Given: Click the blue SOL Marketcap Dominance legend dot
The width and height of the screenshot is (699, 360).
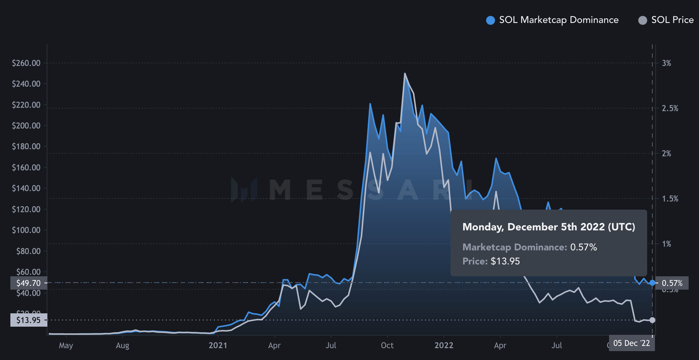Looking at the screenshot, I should click(x=490, y=20).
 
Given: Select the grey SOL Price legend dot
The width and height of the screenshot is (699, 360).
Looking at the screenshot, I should click(x=643, y=20).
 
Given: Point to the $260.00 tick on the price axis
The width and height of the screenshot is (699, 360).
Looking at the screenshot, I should click(x=26, y=63).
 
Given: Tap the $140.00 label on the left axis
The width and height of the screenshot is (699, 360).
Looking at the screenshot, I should click(x=26, y=188).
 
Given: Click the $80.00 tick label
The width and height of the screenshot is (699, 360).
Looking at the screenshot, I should click(x=29, y=251).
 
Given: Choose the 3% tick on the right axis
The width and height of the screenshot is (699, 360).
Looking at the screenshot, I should click(x=666, y=63).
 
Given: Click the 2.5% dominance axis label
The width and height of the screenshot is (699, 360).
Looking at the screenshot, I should click(x=670, y=109).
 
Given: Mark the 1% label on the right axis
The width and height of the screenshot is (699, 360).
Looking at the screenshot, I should click(x=666, y=244).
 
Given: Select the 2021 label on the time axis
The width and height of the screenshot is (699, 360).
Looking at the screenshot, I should click(x=218, y=346).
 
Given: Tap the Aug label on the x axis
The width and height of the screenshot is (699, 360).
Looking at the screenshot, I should click(x=123, y=346).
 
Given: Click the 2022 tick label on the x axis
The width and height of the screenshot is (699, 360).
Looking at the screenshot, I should click(x=444, y=346).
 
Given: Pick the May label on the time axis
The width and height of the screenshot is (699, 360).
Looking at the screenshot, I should click(x=66, y=346).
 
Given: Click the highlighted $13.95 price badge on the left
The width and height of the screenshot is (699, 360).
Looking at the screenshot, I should click(x=29, y=320).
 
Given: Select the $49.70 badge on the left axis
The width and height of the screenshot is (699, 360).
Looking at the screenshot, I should click(x=29, y=283).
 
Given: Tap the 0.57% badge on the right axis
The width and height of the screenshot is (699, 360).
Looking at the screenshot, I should click(x=672, y=283).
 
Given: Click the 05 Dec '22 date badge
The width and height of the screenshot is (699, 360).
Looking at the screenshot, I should click(x=631, y=343).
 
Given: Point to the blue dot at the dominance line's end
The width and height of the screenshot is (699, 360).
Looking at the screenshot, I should click(x=652, y=283).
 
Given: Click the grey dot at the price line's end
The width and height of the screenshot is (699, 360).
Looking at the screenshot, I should click(x=652, y=320).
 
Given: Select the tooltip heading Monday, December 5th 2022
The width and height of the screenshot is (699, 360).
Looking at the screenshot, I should click(x=549, y=227).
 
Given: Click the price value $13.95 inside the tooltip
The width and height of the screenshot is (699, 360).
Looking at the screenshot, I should click(x=505, y=261).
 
